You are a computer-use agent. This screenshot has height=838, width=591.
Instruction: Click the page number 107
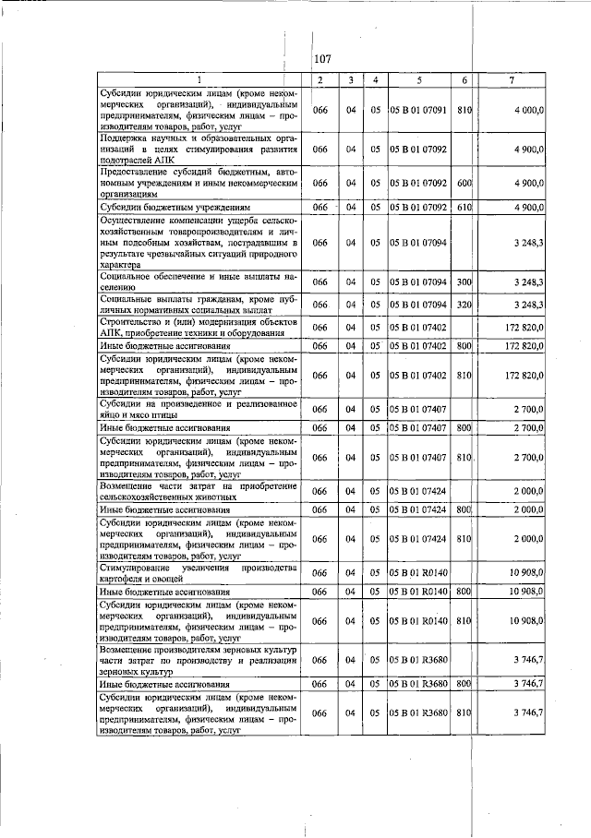tap(322, 59)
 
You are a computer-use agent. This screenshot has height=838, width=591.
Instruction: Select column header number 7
tap(513, 81)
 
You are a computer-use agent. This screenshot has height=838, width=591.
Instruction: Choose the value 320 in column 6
tap(464, 305)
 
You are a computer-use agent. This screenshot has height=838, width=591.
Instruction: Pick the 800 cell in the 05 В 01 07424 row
tap(464, 509)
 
